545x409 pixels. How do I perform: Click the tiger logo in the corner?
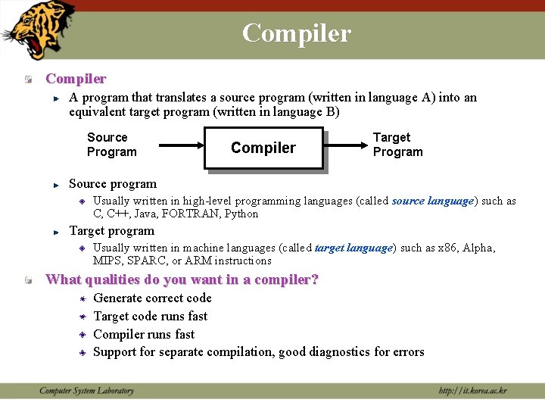tap(39, 30)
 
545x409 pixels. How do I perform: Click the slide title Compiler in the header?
tap(296, 33)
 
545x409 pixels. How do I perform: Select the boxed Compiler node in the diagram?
tap(263, 148)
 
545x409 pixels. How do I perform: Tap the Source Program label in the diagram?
tap(111, 145)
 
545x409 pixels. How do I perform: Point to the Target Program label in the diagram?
tap(397, 145)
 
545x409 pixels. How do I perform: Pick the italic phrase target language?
tap(353, 248)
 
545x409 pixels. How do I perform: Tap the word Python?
tap(241, 214)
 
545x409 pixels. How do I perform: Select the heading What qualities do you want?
tap(182, 279)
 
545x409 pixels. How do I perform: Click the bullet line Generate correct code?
tap(152, 298)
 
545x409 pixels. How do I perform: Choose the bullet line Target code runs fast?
tap(150, 316)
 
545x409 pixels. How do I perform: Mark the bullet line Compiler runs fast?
tap(144, 334)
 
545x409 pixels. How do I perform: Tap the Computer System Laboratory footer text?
tap(86, 391)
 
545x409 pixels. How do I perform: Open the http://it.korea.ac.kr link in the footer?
tap(472, 391)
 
